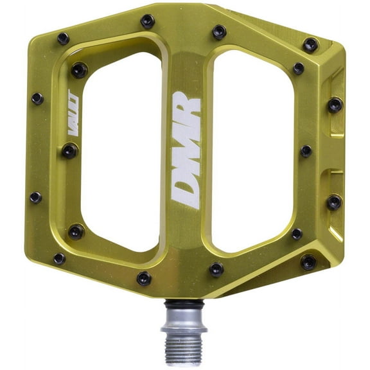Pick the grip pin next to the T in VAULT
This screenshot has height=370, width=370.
tap(78, 70)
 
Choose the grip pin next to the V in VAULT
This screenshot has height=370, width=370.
tap(69, 151)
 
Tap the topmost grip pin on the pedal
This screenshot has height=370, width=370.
tap(148, 21)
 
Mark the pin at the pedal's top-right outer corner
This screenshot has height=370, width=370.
tap(311, 45)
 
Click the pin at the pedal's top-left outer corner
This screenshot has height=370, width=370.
tap(63, 39)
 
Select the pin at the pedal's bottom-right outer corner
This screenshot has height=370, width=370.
tap(309, 262)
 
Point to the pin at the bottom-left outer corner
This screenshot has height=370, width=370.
tap(59, 258)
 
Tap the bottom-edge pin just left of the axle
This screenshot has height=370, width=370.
tap(144, 278)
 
